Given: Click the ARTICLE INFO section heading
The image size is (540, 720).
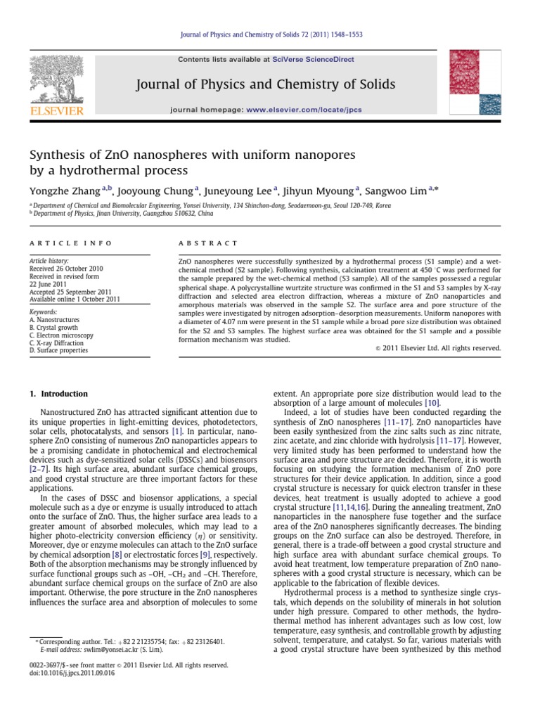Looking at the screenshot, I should pyautogui.click(x=70, y=243).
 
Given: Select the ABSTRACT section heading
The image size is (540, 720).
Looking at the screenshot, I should pyautogui.click(x=208, y=243).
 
